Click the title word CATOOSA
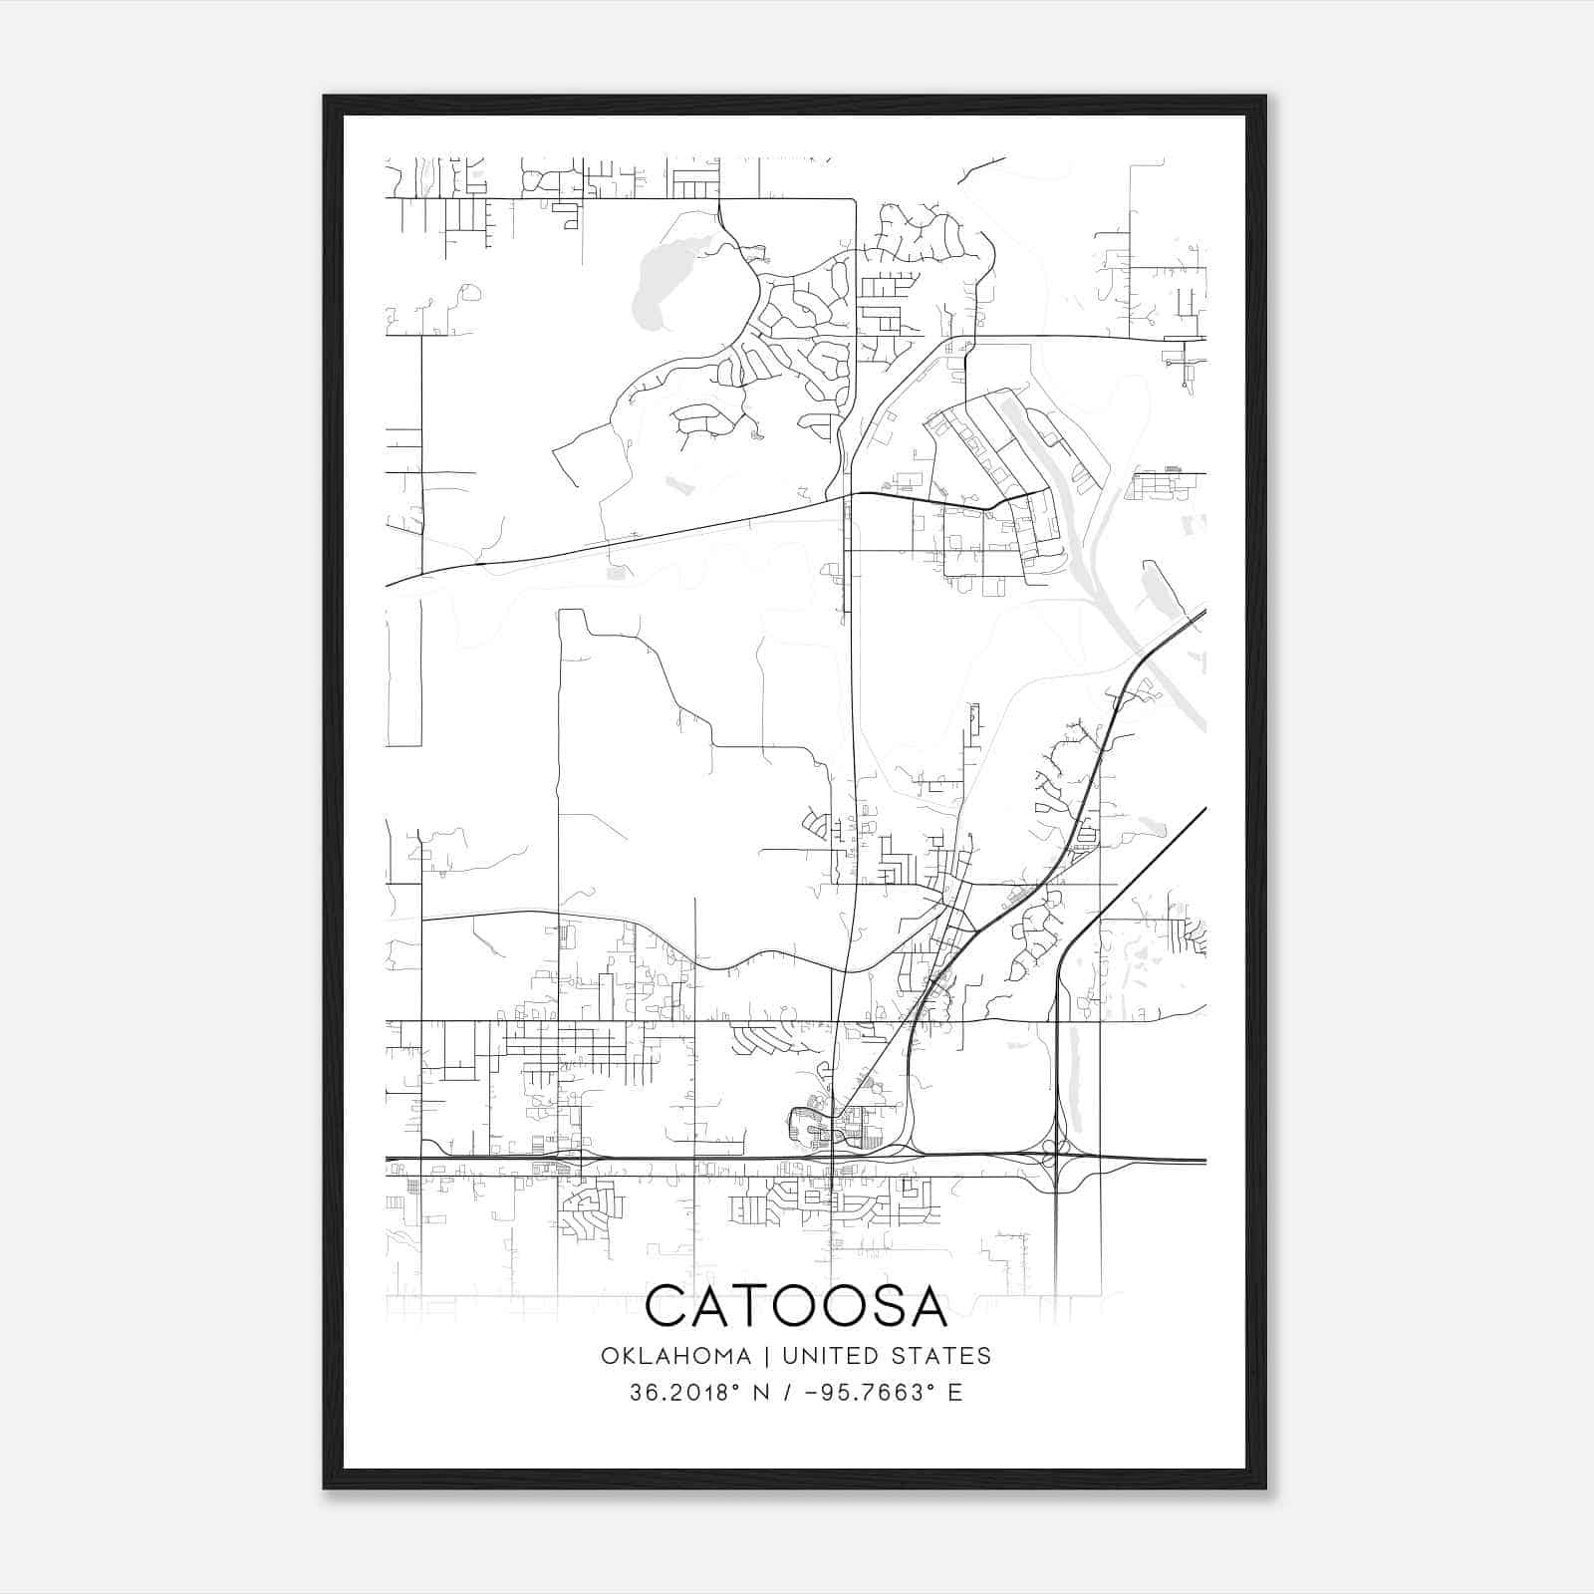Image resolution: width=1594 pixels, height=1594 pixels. click(796, 1306)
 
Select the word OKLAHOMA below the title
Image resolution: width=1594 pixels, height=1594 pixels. click(675, 1356)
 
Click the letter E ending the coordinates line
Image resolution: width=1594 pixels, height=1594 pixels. click(955, 1393)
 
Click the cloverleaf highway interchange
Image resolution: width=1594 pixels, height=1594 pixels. click(1054, 1159)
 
